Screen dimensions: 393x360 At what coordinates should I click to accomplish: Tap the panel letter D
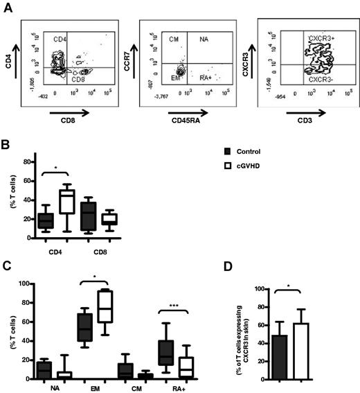tap(243, 266)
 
